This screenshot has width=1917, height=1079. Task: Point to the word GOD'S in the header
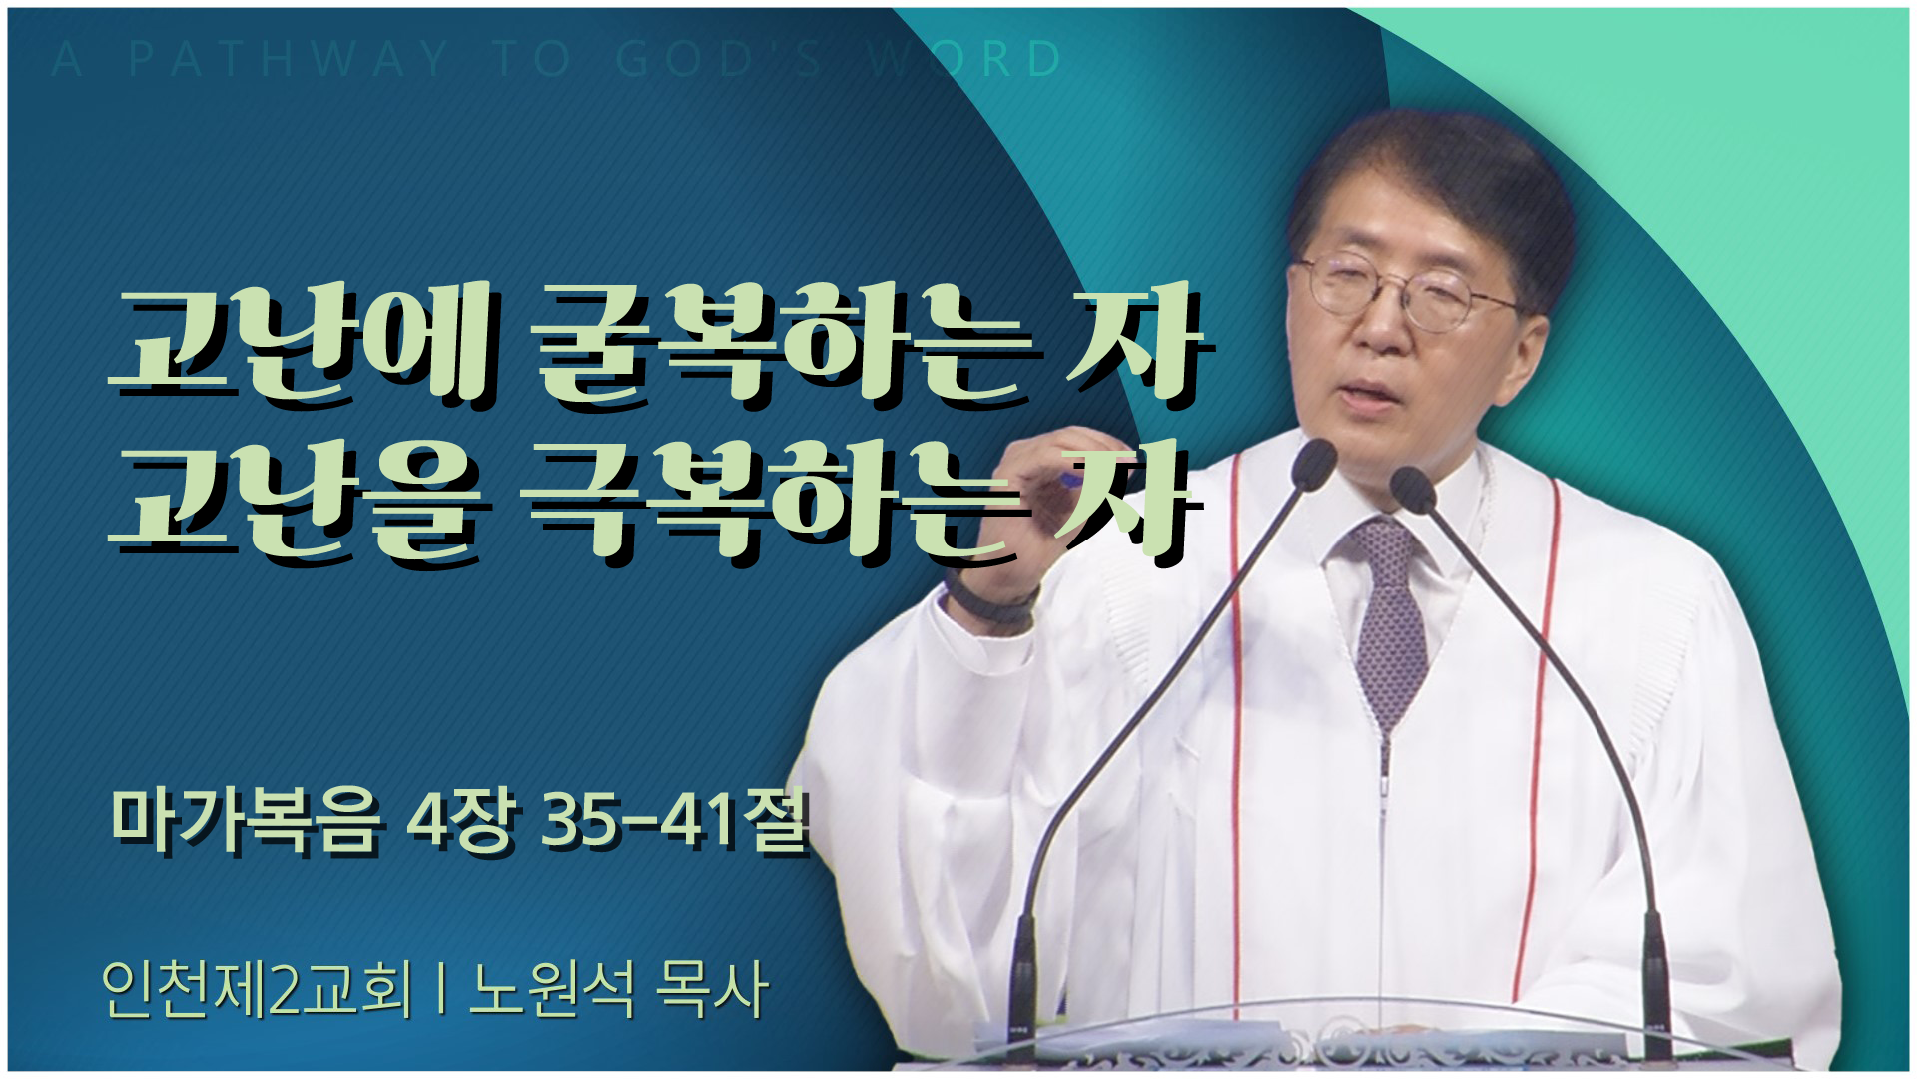point(719,59)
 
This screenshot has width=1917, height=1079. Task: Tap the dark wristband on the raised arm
point(992,599)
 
